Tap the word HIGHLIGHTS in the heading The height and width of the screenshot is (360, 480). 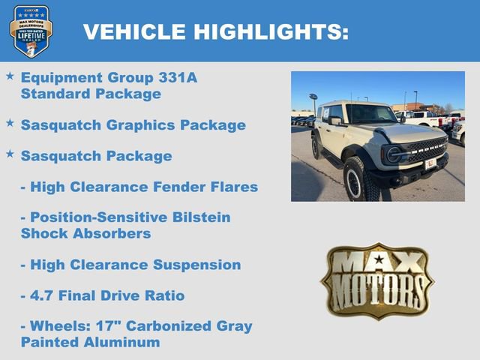tap(271, 31)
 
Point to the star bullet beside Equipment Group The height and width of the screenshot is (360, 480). tap(10, 76)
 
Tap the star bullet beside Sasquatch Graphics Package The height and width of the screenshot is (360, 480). tap(10, 121)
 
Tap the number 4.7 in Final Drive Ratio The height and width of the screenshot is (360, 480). tap(43, 295)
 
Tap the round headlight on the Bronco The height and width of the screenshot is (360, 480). tap(394, 154)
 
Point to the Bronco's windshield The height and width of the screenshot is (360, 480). tap(370, 114)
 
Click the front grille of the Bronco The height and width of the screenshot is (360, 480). tap(426, 149)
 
